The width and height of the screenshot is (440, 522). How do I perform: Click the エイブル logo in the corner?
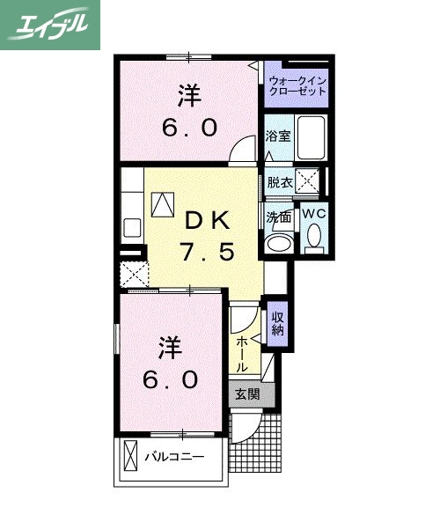coord(49,24)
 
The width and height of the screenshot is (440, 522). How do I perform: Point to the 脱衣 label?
coord(279,183)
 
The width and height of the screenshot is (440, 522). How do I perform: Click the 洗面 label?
coord(279,216)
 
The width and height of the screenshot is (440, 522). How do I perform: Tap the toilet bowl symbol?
coord(314,236)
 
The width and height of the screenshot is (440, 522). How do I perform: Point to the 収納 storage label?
coord(277,323)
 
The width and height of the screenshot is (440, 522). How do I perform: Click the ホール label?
coord(242,352)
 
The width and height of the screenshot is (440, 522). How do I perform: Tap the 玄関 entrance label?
coord(247,393)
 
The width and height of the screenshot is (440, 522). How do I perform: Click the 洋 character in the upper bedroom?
coord(188,94)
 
